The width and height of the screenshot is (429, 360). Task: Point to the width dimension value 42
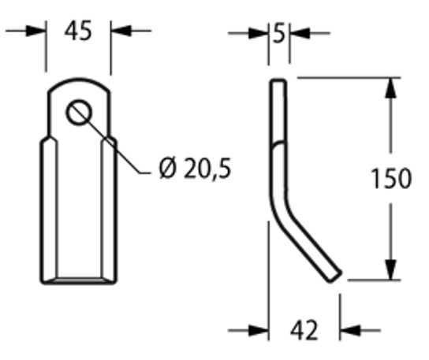click(x=304, y=330)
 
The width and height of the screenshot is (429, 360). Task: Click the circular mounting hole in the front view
click(x=79, y=112)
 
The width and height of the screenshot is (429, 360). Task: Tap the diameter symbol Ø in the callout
click(x=166, y=168)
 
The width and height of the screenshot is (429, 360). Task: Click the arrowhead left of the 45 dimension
click(x=39, y=31)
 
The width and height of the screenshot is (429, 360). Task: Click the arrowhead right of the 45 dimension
click(x=118, y=31)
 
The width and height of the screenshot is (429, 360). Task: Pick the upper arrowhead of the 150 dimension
click(x=388, y=86)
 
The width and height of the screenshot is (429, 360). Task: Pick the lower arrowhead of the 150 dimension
click(x=388, y=269)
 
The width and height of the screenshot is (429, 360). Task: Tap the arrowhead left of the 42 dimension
click(x=259, y=330)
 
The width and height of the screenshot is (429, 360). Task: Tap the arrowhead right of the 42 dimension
click(x=348, y=330)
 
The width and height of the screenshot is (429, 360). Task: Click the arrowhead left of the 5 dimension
click(x=262, y=33)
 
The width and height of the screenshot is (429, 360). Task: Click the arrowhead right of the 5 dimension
click(x=297, y=33)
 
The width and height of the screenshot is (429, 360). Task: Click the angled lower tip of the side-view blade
click(x=333, y=271)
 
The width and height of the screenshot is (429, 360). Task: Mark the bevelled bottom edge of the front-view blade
click(x=79, y=277)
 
